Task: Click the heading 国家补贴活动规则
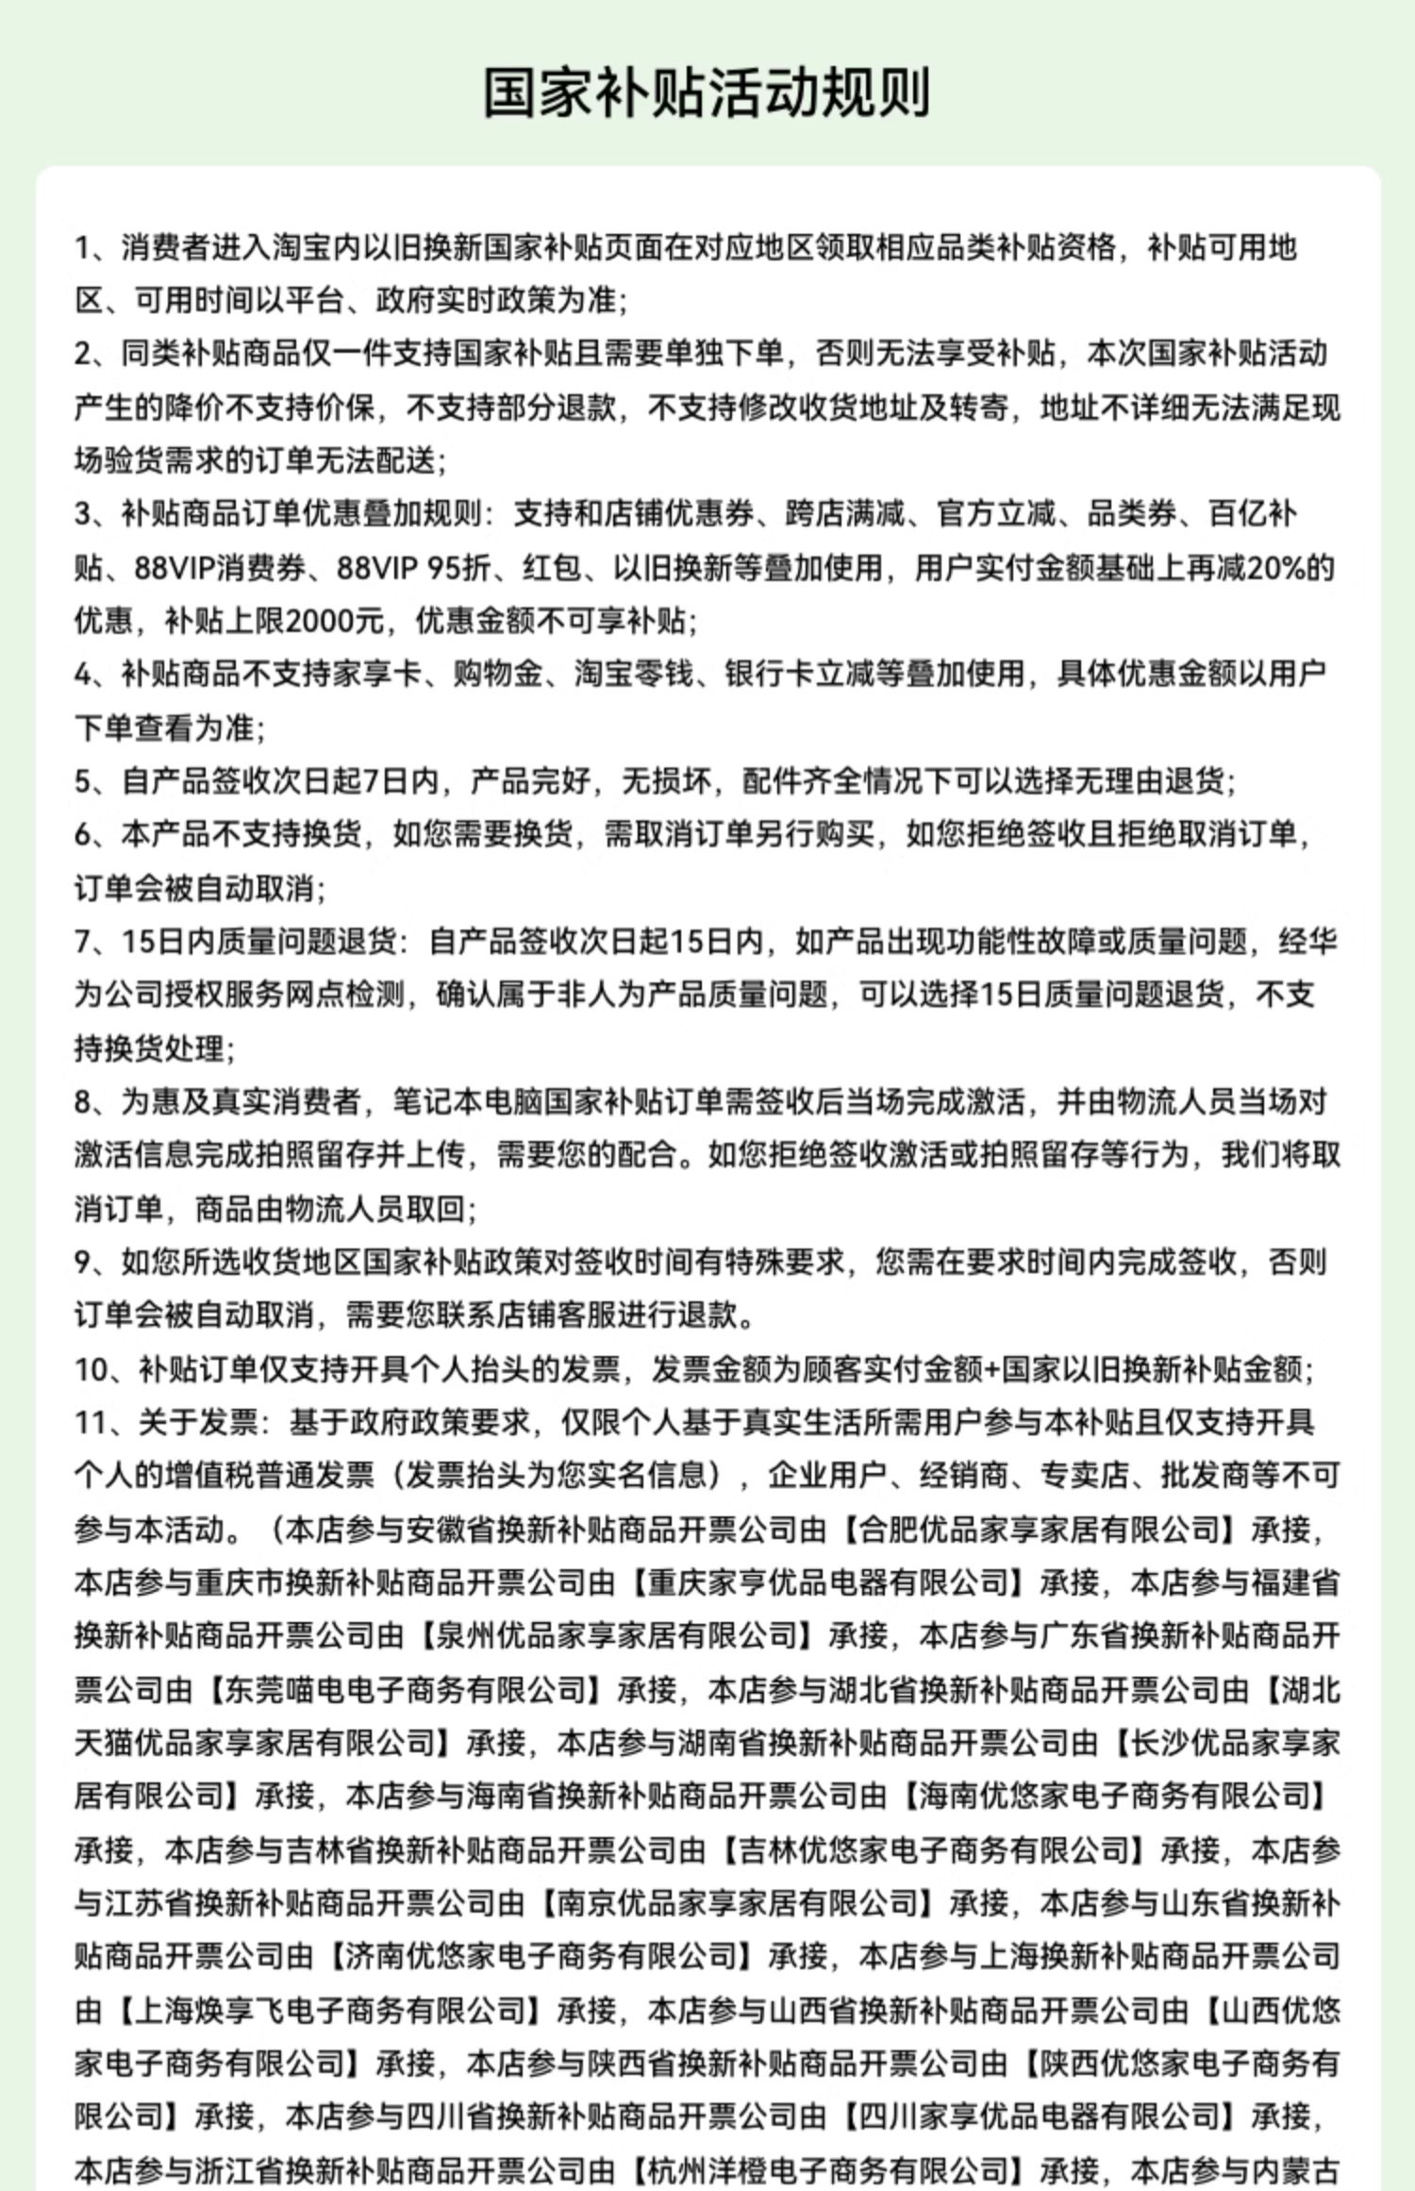pyautogui.click(x=707, y=92)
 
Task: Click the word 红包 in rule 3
pyautogui.click(x=554, y=568)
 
